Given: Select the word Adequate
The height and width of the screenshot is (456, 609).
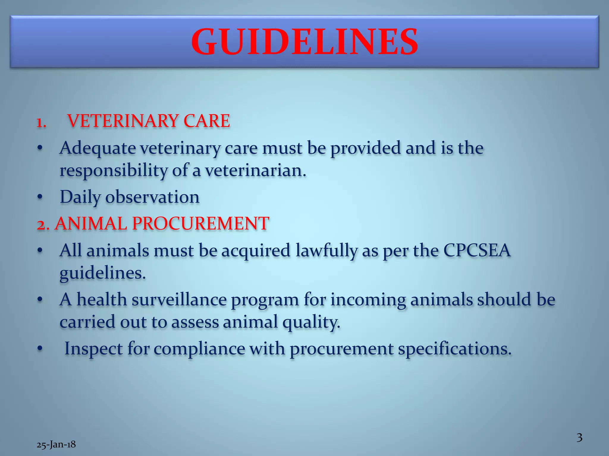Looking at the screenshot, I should point(98,148).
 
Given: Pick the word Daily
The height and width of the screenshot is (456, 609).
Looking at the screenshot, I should point(80,197).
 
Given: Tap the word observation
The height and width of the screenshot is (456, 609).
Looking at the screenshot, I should point(152,197).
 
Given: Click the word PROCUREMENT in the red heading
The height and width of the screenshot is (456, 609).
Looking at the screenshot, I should point(201,223).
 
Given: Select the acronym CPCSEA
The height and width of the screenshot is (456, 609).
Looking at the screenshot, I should point(477,250).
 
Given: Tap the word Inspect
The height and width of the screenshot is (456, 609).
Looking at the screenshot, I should point(93,349).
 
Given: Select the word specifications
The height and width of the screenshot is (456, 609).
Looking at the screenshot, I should point(455,349).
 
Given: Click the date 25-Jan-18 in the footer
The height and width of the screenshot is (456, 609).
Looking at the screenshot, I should point(56,444).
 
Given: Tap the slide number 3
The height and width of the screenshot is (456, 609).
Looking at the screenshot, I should point(579,438).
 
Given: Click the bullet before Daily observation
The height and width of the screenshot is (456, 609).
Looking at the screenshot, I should point(40,197).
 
